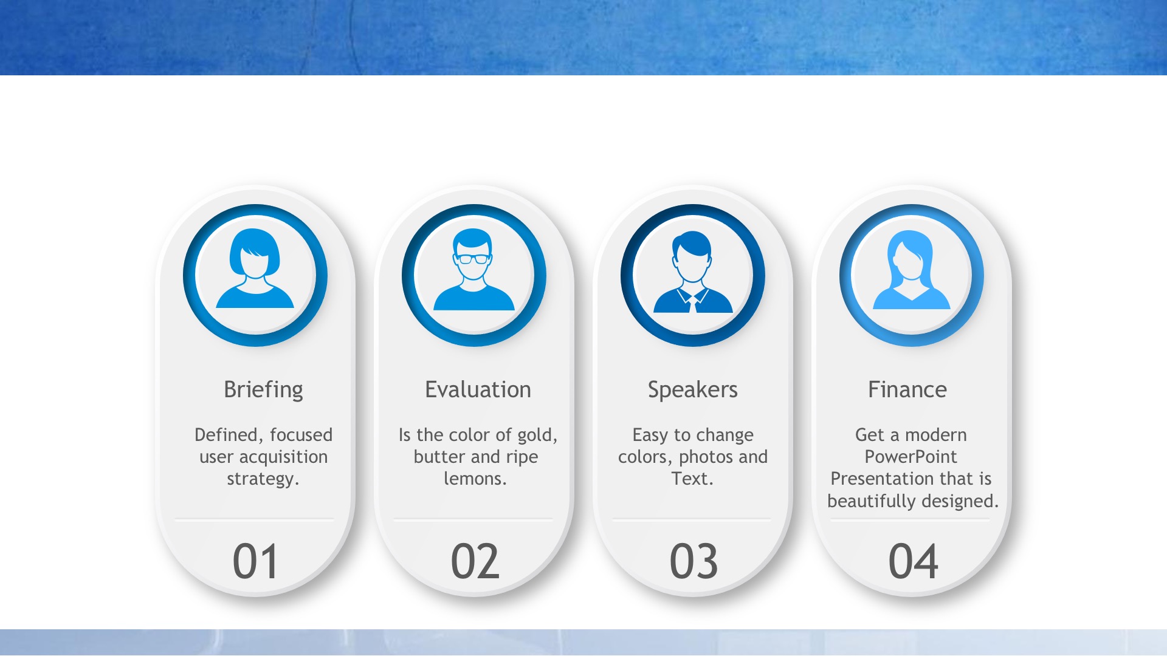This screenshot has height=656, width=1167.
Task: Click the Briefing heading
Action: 263,390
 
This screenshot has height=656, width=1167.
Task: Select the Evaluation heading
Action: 478,389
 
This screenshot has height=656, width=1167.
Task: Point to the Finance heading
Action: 907,389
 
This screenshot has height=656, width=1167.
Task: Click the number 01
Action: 255,561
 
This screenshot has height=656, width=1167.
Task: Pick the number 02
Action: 475,561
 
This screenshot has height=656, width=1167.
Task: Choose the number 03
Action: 694,561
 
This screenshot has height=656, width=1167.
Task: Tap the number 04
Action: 913,561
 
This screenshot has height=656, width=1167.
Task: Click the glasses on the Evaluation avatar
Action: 473,259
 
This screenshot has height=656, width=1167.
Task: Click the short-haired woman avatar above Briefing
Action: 255,268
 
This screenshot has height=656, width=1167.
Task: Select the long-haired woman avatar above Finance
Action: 911,270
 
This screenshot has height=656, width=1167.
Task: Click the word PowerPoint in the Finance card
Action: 911,457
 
